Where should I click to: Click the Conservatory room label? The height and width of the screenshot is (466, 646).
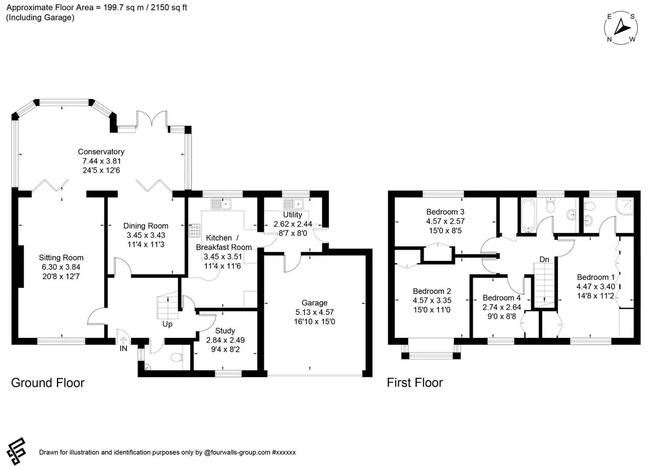click(101, 152)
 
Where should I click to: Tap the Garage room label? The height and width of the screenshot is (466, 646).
click(314, 302)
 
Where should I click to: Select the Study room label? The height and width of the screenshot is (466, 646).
click(225, 330)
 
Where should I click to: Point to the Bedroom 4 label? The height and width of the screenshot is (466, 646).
click(502, 298)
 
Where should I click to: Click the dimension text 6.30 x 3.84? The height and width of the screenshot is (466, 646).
click(61, 267)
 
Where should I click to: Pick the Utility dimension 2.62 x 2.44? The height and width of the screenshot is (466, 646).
click(293, 224)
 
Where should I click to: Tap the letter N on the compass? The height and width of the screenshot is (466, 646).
click(609, 39)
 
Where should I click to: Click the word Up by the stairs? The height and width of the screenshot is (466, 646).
click(167, 324)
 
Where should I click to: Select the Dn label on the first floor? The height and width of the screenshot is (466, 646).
click(544, 259)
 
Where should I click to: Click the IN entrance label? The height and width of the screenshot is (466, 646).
click(123, 348)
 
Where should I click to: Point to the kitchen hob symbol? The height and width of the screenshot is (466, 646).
click(194, 230)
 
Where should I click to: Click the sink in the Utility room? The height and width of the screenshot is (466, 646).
click(293, 204)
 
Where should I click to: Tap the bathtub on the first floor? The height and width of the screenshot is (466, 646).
click(528, 215)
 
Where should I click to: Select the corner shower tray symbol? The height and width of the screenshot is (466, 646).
click(624, 206)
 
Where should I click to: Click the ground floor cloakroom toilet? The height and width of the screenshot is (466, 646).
click(177, 358)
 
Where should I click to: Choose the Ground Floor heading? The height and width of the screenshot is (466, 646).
click(48, 383)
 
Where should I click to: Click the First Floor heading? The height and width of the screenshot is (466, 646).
click(415, 383)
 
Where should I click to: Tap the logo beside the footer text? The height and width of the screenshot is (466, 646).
click(17, 451)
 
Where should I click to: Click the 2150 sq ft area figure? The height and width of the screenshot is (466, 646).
click(168, 8)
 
